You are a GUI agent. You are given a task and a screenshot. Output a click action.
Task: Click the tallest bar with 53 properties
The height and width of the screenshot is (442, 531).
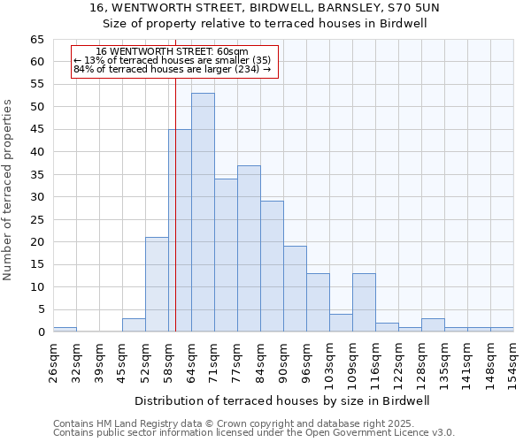pos(203,212)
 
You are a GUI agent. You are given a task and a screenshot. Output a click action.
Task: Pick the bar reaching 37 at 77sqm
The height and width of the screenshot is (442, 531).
pos(249,248)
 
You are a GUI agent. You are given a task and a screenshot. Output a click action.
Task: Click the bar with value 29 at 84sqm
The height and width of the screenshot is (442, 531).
pos(272,266)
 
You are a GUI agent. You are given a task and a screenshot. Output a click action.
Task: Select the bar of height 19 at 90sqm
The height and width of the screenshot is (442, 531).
pos(295,289)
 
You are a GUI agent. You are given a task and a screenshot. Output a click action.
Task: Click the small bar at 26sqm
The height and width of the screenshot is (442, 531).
pos(65,330)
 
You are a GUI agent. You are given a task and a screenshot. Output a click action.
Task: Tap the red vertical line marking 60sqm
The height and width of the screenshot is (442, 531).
pos(176,177)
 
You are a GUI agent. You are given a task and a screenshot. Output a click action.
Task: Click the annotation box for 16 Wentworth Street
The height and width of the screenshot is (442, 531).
pos(174,61)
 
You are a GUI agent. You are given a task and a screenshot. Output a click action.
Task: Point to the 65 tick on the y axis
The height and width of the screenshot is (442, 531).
pos(36,40)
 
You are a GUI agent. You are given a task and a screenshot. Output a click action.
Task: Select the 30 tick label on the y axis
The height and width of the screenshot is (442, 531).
pos(36,197)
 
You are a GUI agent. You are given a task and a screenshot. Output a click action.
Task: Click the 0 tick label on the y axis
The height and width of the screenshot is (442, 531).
pos(41,332)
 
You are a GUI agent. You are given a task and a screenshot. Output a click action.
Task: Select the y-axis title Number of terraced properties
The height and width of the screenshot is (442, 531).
pos(9,190)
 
